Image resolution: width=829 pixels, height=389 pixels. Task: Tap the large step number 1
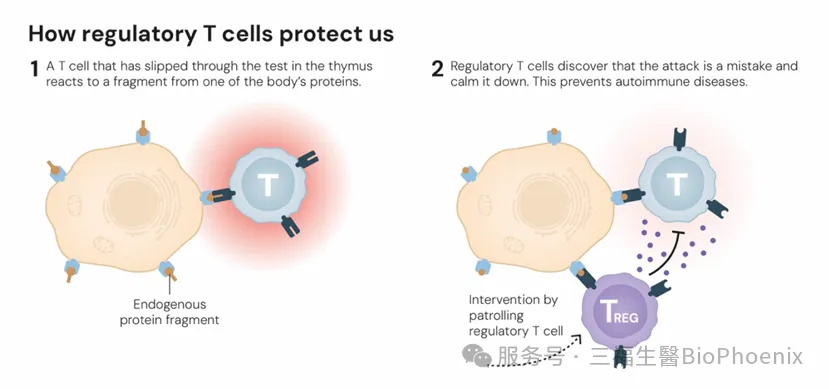click(34, 69)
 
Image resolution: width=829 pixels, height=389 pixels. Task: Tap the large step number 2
click(437, 69)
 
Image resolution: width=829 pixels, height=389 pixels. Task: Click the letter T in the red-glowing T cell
click(268, 184)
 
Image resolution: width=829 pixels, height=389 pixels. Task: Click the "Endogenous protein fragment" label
click(169, 312)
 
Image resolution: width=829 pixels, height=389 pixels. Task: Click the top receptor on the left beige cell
click(143, 133)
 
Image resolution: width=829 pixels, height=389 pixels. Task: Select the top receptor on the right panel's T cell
click(681, 138)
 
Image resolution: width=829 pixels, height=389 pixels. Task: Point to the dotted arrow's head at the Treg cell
click(577, 337)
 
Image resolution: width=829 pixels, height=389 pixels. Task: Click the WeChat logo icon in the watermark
click(476, 355)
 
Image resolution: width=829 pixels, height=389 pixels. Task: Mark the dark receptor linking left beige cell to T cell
click(222, 196)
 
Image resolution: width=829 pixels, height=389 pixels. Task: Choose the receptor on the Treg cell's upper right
click(660, 288)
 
